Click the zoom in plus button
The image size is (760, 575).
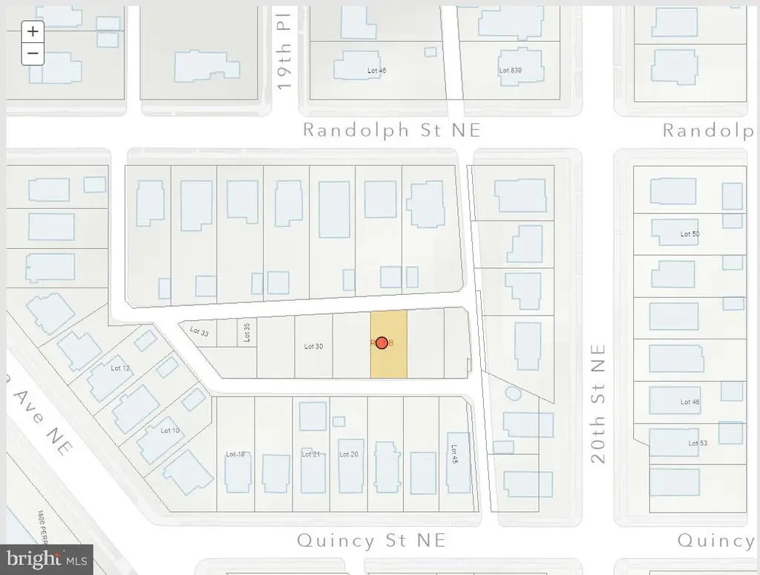(x=33, y=31)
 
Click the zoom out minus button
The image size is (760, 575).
(x=33, y=53)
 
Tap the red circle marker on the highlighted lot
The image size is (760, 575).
(x=381, y=342)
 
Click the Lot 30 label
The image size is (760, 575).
(x=314, y=346)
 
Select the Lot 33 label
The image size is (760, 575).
(x=200, y=332)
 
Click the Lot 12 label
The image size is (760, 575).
(x=120, y=368)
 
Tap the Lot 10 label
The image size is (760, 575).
(x=170, y=430)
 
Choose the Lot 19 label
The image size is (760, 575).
(x=235, y=454)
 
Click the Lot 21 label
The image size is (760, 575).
(x=311, y=454)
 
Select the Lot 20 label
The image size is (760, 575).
(x=349, y=454)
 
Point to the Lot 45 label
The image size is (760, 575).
(x=453, y=454)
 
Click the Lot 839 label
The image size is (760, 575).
(x=511, y=71)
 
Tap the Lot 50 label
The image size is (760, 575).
(x=689, y=234)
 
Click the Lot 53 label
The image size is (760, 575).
(x=698, y=444)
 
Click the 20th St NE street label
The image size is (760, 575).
(x=599, y=403)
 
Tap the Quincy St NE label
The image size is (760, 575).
(x=371, y=540)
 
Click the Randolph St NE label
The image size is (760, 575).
(x=392, y=130)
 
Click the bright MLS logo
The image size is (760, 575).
(x=47, y=559)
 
